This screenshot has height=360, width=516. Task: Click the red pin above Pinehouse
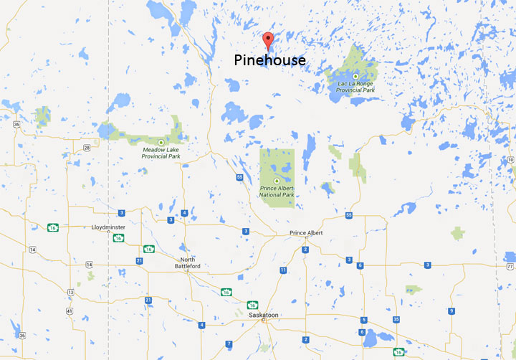click(269, 40)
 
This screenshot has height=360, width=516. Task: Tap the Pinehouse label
click(269, 60)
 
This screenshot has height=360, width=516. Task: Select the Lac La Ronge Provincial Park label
click(356, 87)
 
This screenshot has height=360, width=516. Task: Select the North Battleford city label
click(188, 262)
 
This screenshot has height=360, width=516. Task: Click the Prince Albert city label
click(307, 233)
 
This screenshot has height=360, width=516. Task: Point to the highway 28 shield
click(86, 148)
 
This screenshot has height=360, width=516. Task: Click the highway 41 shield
click(69, 311)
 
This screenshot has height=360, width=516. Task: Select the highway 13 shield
click(70, 293)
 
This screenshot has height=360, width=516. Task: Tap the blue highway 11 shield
click(284, 270)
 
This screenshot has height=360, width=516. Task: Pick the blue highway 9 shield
click(451, 311)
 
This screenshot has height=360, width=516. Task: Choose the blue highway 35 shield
click(395, 319)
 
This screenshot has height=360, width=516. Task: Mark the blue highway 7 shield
click(228, 344)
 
